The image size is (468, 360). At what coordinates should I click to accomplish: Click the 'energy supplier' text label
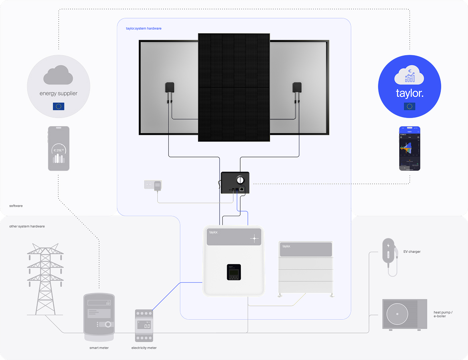pyautogui.click(x=58, y=94)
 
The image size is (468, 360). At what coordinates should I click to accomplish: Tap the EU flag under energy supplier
pyautogui.click(x=58, y=106)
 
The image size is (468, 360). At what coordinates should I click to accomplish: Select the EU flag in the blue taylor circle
pyautogui.click(x=409, y=106)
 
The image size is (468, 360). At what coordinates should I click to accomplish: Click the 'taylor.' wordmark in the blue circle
pyautogui.click(x=409, y=94)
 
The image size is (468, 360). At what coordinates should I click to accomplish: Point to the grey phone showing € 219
pyautogui.click(x=58, y=148)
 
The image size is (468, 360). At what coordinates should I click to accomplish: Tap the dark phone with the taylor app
pyautogui.click(x=410, y=148)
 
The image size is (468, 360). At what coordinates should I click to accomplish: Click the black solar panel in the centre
pyautogui.click(x=234, y=87)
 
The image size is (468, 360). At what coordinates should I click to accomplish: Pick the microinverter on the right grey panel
pyautogui.click(x=297, y=87)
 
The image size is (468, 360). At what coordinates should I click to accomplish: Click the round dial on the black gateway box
pyautogui.click(x=240, y=180)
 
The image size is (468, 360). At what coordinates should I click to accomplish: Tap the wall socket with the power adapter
pyautogui.click(x=153, y=185)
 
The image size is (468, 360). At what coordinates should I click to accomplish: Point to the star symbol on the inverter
pyautogui.click(x=254, y=238)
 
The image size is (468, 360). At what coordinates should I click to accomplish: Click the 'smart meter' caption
pyautogui.click(x=99, y=348)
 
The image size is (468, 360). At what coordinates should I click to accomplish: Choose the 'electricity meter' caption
pyautogui.click(x=144, y=348)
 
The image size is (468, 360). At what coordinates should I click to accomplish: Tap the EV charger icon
pyautogui.click(x=389, y=256)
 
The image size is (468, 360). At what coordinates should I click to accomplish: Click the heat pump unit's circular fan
pyautogui.click(x=397, y=314)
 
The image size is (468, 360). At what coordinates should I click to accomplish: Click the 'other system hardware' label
pyautogui.click(x=27, y=226)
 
